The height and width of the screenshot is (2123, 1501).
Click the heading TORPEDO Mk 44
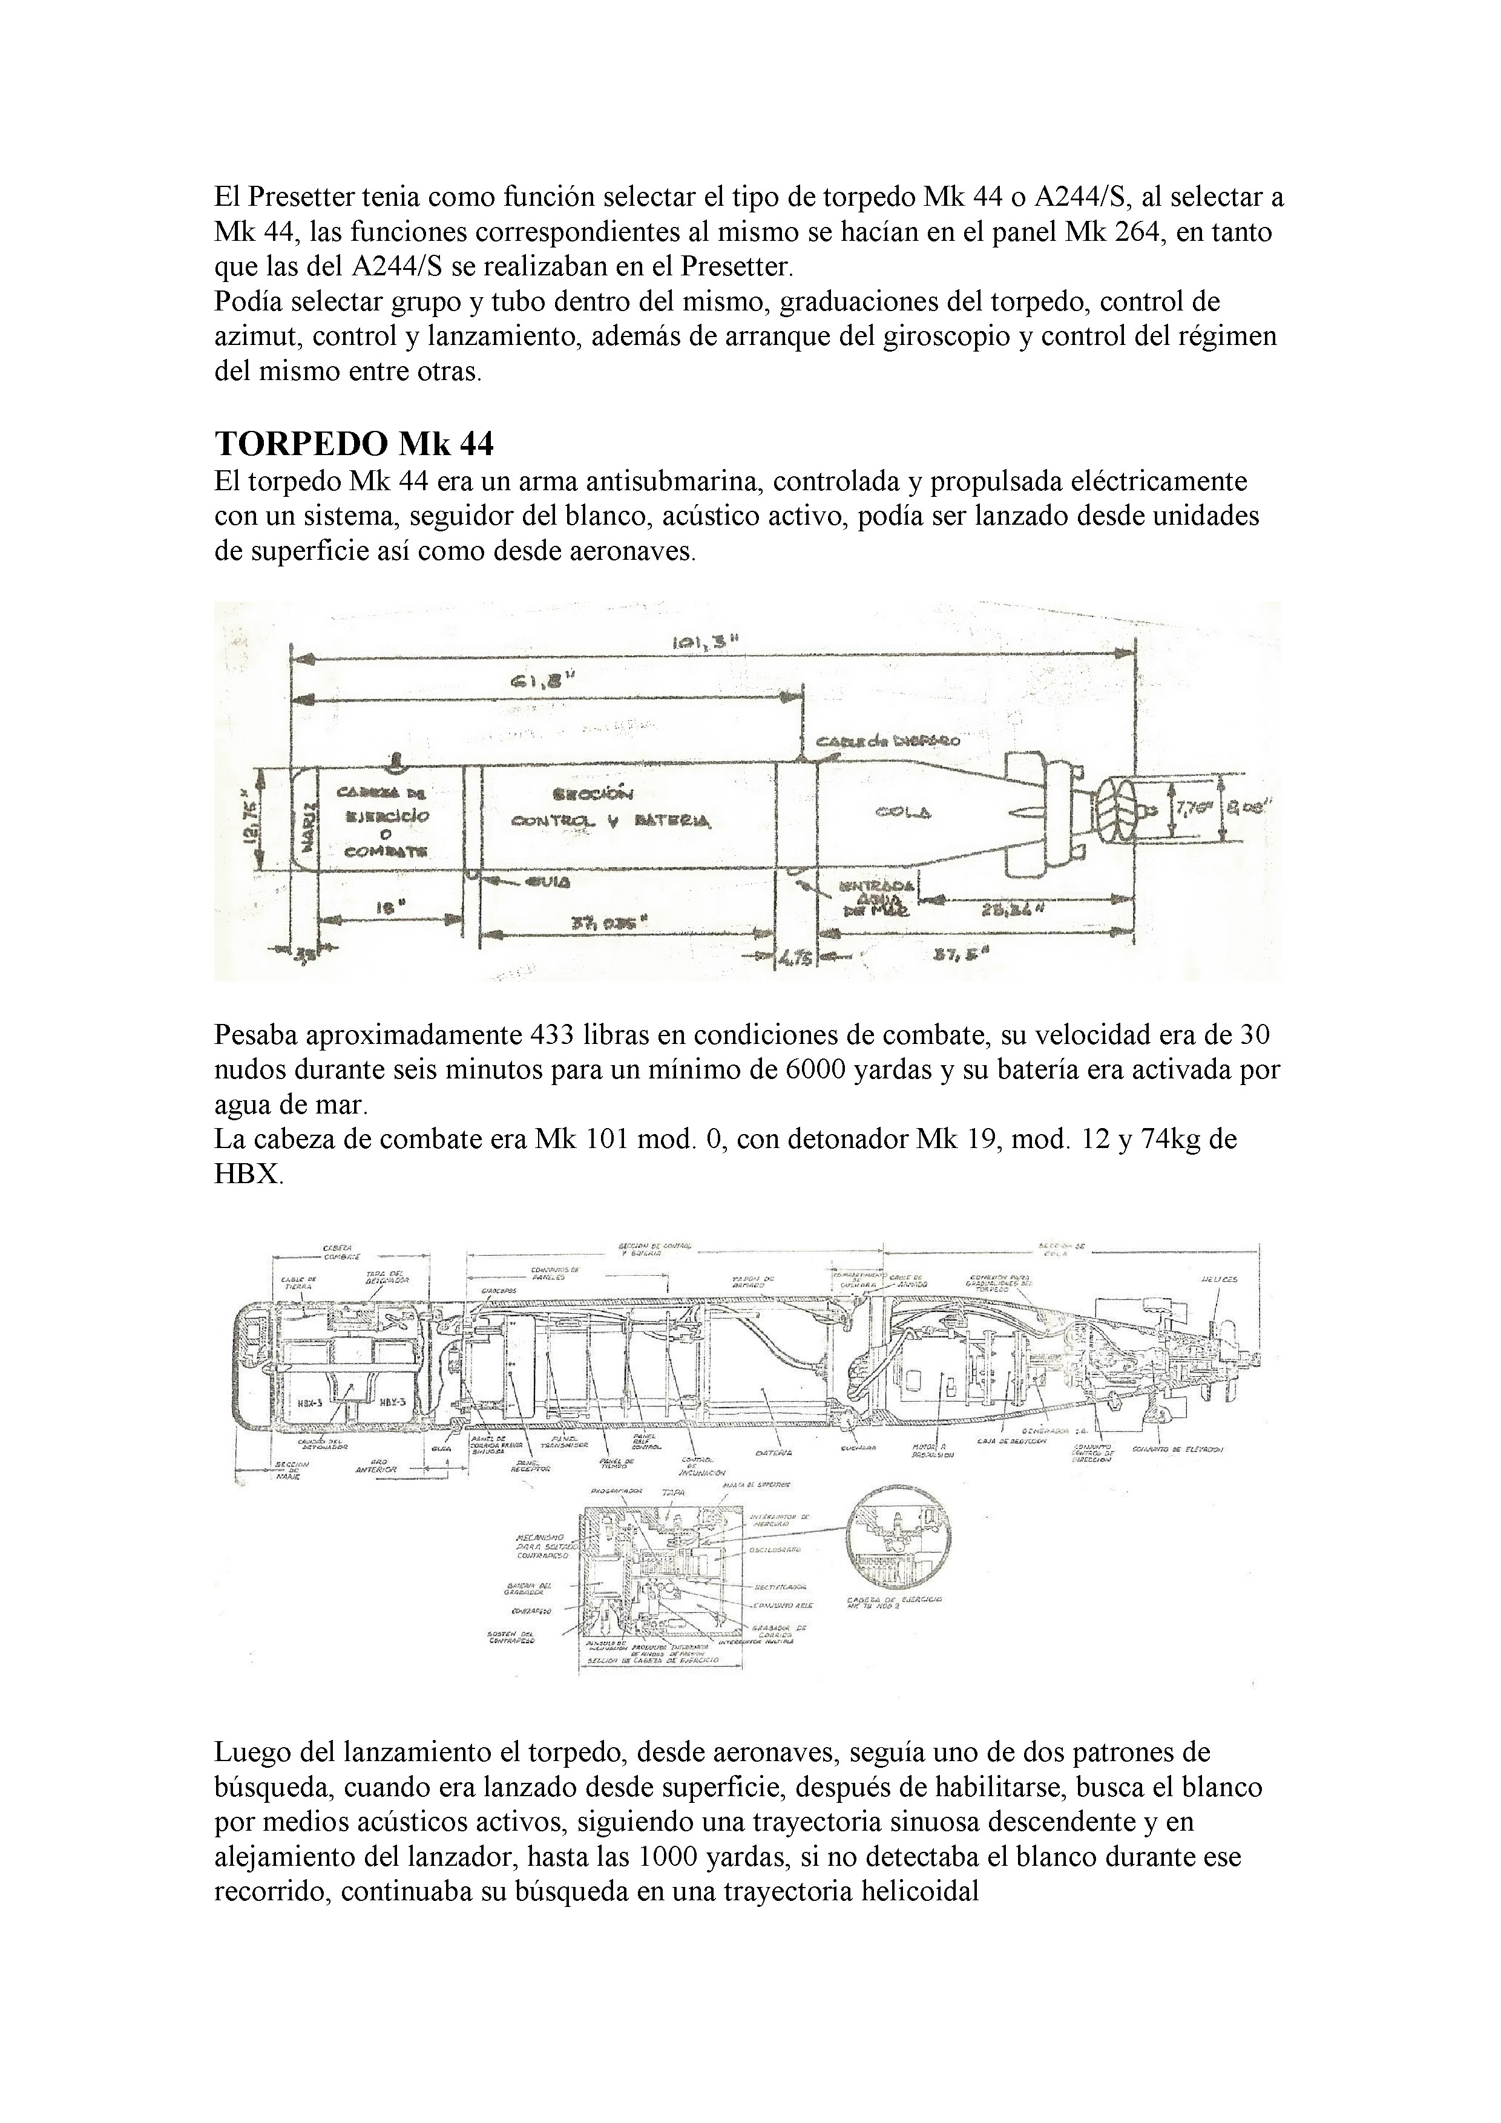pos(354,445)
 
